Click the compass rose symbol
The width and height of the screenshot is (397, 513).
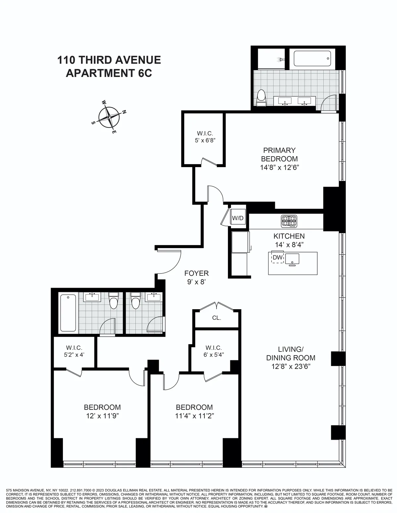pyautogui.click(x=109, y=117)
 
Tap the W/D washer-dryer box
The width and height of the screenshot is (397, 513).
pyautogui.click(x=238, y=218)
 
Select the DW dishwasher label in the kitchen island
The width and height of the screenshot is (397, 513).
pyautogui.click(x=278, y=257)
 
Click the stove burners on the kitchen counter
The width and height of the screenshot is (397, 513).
pyautogui.click(x=289, y=221)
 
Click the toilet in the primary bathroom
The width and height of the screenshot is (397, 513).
pyautogui.click(x=262, y=98)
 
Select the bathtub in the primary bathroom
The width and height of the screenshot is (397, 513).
pyautogui.click(x=312, y=58)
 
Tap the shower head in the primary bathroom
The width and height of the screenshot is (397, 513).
pyautogui.click(x=280, y=59)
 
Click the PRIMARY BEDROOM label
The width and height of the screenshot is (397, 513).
pyautogui.click(x=279, y=154)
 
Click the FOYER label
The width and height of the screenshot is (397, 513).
pyautogui.click(x=197, y=273)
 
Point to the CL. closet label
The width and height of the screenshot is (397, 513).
pyautogui.click(x=217, y=318)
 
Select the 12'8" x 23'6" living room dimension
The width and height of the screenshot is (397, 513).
pyautogui.click(x=290, y=366)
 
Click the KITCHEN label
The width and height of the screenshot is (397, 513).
pyautogui.click(x=289, y=236)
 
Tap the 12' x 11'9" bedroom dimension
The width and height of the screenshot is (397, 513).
pyautogui.click(x=102, y=416)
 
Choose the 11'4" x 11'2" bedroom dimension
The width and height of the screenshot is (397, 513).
pyautogui.click(x=195, y=416)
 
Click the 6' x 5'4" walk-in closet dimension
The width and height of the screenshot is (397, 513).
pyautogui.click(x=213, y=355)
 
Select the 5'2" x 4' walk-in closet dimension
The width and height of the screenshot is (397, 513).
pyautogui.click(x=74, y=355)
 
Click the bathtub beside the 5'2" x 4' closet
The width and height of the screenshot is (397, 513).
pyautogui.click(x=68, y=313)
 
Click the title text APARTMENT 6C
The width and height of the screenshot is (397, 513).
pyautogui.click(x=109, y=73)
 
